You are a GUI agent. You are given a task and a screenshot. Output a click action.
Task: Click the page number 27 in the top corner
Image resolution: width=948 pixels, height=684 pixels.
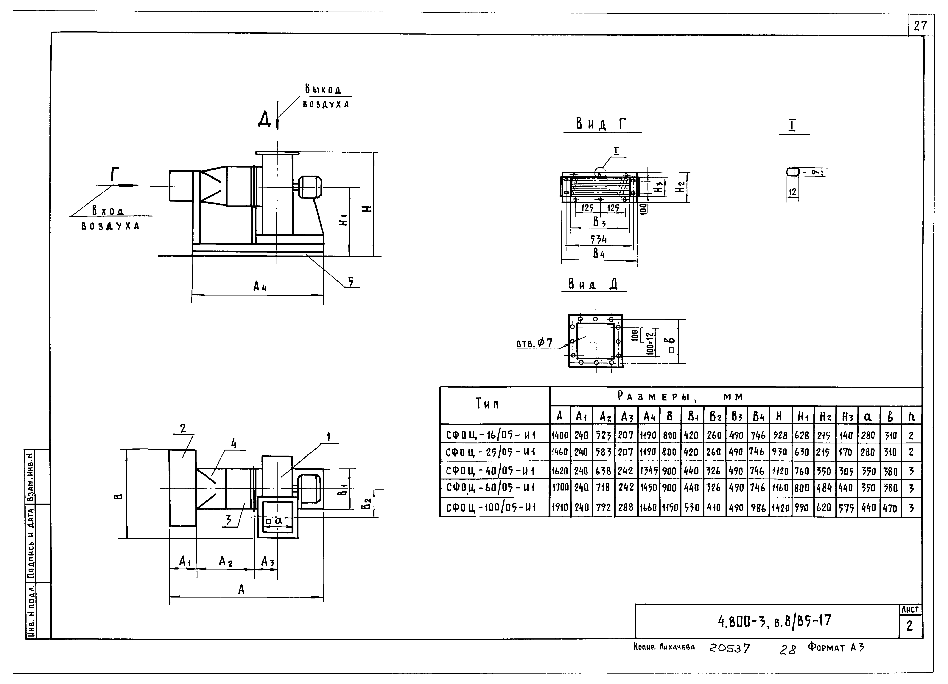pyautogui.click(x=920, y=26)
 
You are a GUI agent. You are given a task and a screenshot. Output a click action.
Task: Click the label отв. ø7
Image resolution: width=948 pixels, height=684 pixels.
pyautogui.click(x=534, y=343)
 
